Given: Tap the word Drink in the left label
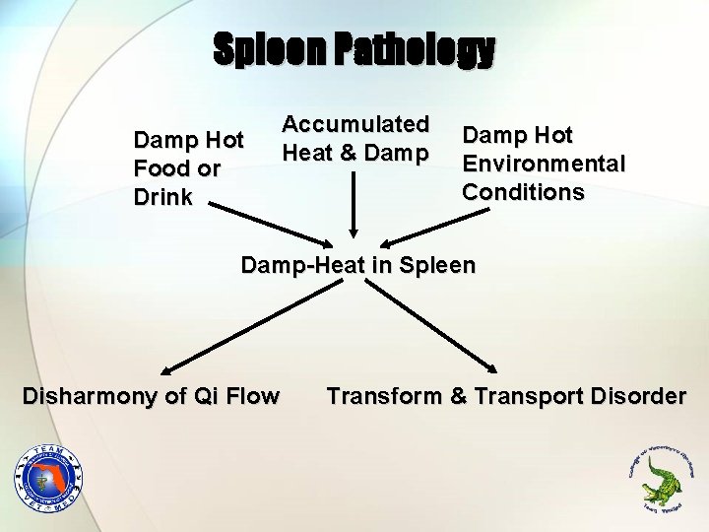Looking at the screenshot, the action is coord(163,197).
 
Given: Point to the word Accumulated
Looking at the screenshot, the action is coord(355,124).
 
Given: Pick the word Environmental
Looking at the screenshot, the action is coord(544,163).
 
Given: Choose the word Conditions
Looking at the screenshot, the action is coord(523,191).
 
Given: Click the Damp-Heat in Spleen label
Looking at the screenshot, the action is coord(357,265).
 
